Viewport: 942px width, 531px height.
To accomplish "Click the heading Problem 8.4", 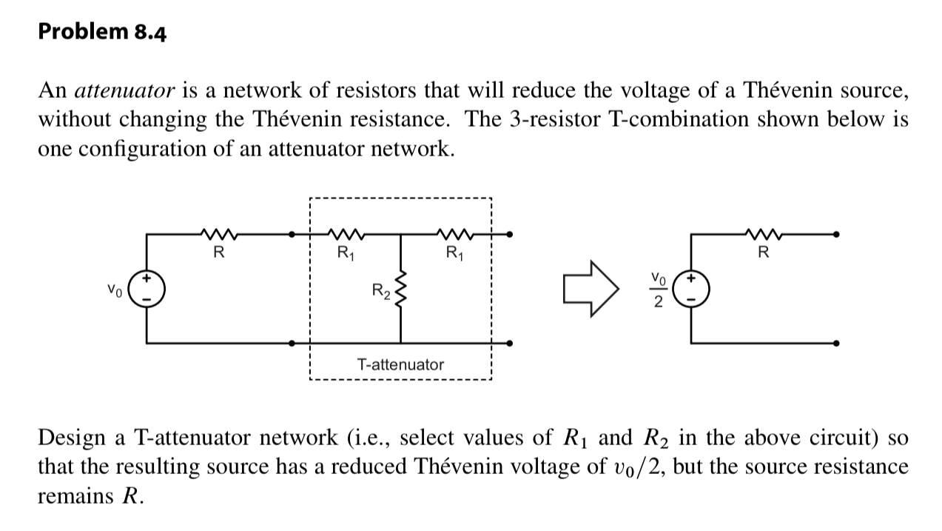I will [x=102, y=33].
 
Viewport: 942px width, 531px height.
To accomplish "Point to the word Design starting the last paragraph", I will [x=72, y=438].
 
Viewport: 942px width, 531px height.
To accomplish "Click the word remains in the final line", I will [x=75, y=495].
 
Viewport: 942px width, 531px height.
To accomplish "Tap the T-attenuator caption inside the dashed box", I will [x=400, y=364].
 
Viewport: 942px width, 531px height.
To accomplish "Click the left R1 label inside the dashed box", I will [x=345, y=253].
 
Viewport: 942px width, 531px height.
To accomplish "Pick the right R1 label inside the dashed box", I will [x=454, y=253].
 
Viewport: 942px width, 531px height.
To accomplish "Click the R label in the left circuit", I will [x=218, y=253].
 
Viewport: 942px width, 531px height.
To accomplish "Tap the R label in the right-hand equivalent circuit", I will [x=764, y=253].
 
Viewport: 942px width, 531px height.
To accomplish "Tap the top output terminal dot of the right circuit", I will [x=836, y=234].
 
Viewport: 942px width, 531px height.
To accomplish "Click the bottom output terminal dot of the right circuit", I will [x=836, y=344].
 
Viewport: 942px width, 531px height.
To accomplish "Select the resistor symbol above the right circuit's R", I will [x=764, y=234].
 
